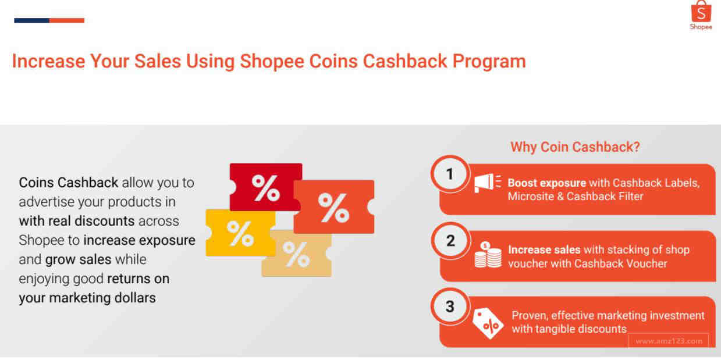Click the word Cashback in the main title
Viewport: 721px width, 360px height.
click(x=405, y=61)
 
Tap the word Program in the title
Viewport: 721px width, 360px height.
click(x=489, y=62)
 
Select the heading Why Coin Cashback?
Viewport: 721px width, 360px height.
click(x=575, y=147)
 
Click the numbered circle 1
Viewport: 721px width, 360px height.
click(x=450, y=174)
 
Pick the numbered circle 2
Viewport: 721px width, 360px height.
click(x=450, y=241)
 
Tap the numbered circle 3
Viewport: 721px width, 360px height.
click(x=450, y=306)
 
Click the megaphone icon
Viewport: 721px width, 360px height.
click(x=487, y=183)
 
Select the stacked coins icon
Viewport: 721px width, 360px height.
click(x=488, y=255)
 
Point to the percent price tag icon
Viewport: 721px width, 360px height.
click(x=488, y=323)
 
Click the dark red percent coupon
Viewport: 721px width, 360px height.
click(x=265, y=187)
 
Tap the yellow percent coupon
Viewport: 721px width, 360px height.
click(x=240, y=233)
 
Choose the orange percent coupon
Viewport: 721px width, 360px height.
click(x=334, y=207)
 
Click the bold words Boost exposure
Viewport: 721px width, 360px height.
click(x=546, y=183)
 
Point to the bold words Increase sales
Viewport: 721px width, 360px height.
click(x=544, y=250)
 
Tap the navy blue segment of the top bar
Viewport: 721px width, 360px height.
click(x=31, y=20)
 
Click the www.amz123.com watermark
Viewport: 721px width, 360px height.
click(x=669, y=341)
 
